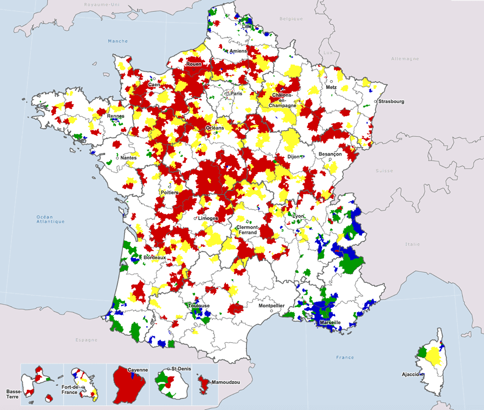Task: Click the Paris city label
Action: point(237,93)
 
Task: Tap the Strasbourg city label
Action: point(392,101)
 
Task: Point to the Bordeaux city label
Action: point(154,258)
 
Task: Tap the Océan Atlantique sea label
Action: point(50,219)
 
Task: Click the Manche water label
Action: point(118,41)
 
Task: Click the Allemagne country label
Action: point(405,59)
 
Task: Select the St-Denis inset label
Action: point(182,369)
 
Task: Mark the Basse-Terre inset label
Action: point(14,394)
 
